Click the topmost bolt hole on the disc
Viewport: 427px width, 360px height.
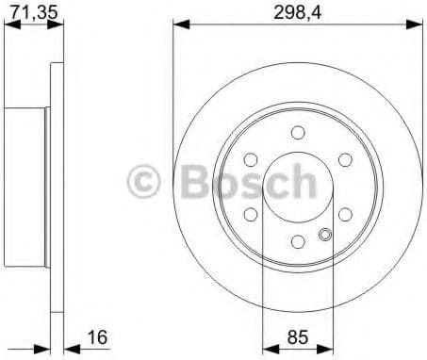[298, 131]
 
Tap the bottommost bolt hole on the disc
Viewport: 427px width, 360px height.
[298, 242]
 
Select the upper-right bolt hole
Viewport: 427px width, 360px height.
[345, 159]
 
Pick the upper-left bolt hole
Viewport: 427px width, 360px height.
[251, 159]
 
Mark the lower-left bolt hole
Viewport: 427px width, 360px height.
[251, 214]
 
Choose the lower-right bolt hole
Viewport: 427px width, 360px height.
[345, 214]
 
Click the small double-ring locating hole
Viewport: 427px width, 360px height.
[326, 236]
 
